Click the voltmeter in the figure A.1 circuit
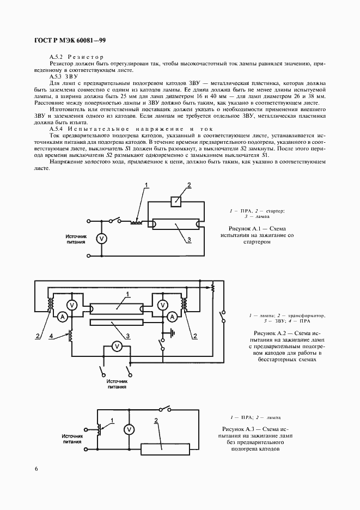101,238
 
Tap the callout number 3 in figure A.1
188,240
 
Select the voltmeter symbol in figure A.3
129,429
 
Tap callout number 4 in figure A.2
51,336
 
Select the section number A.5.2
57,57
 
